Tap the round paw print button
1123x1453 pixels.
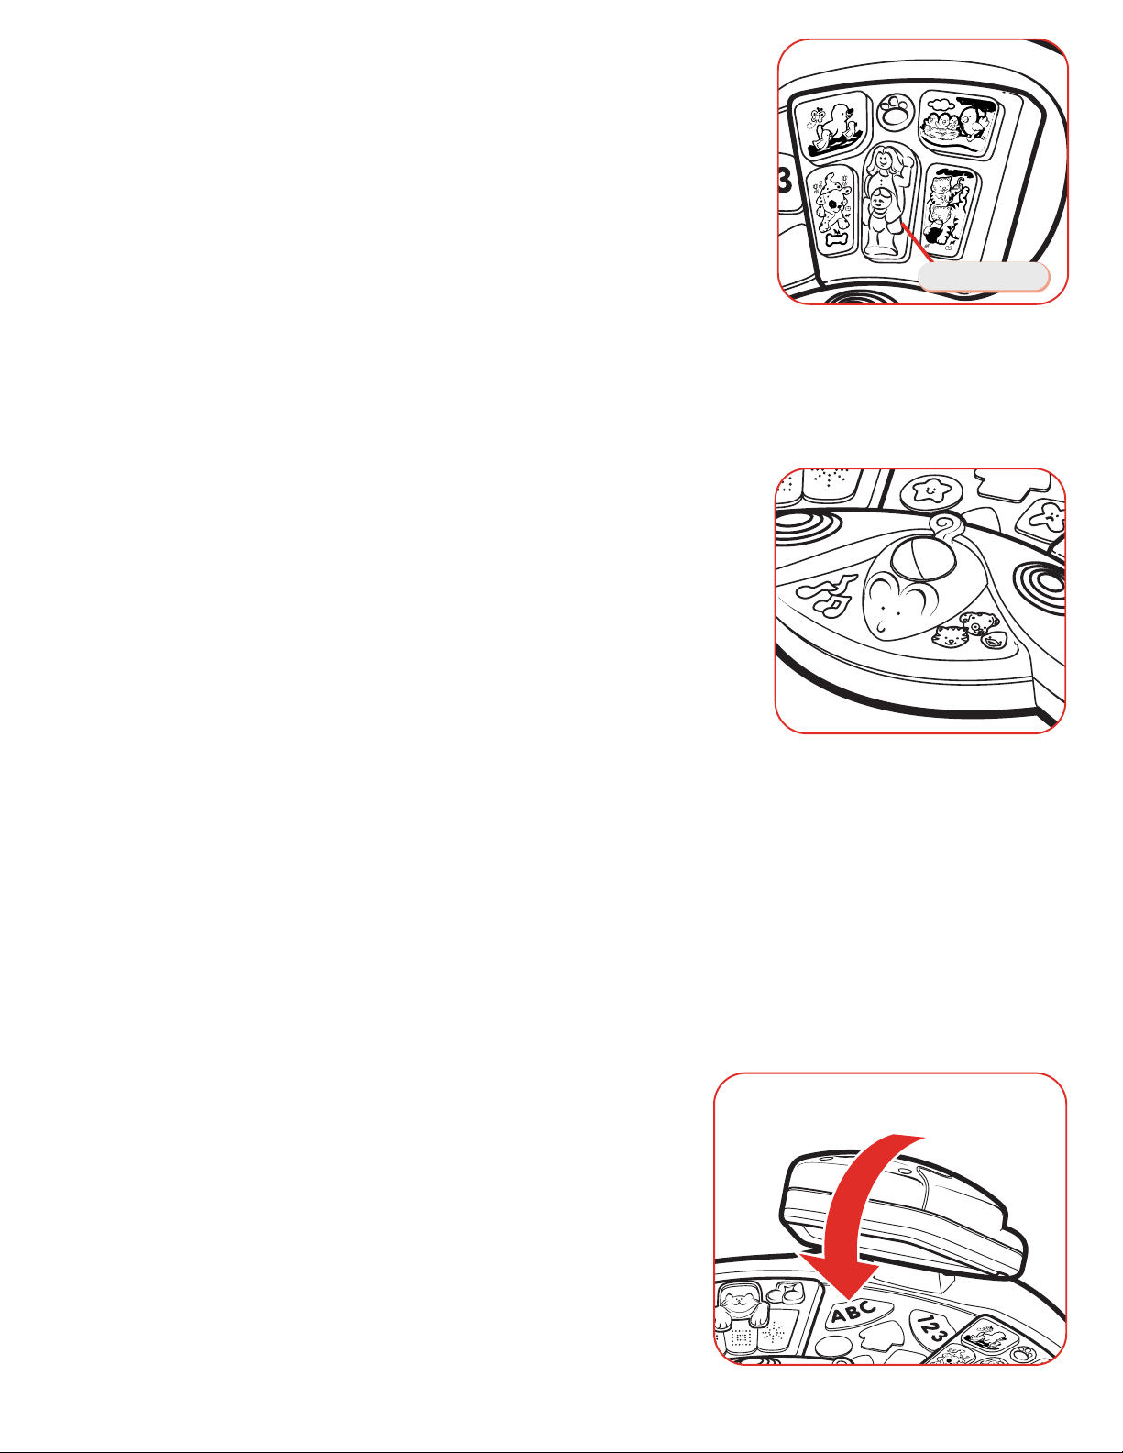click(897, 112)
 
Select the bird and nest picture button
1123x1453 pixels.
click(959, 124)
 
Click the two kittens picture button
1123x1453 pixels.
click(949, 210)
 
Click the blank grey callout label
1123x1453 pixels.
click(983, 277)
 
